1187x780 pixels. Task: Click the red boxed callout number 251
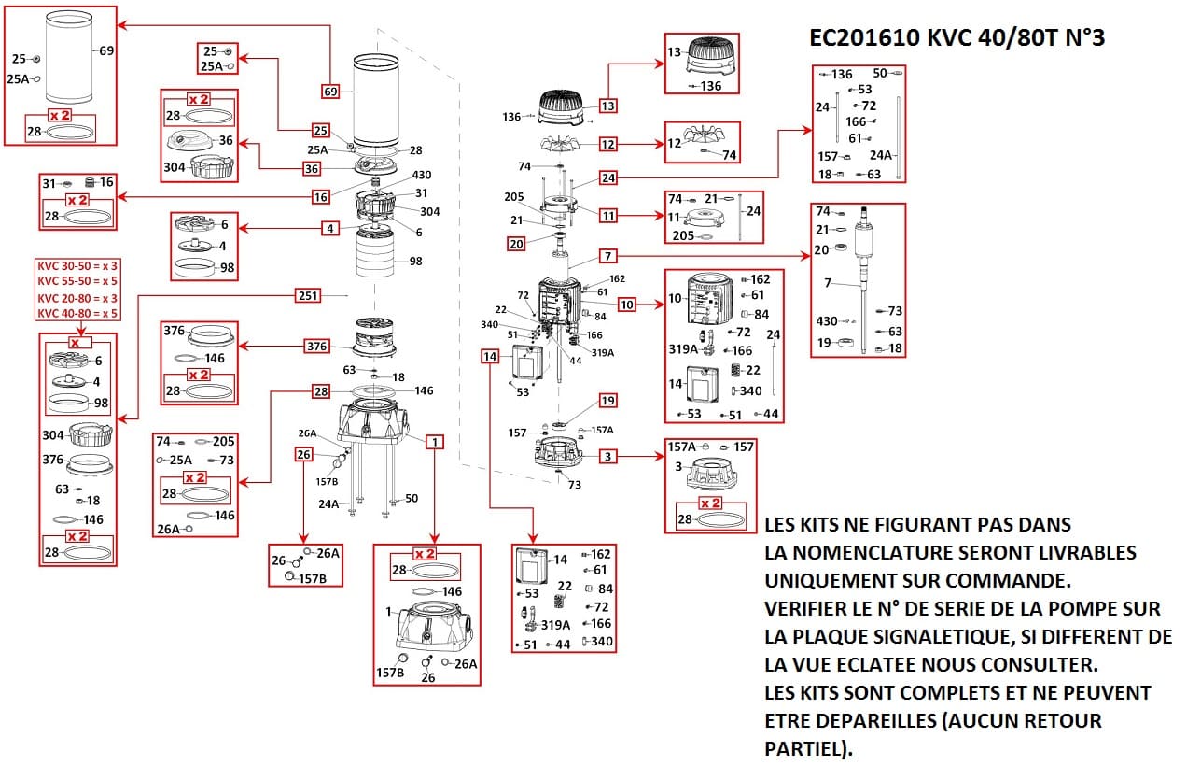pos(308,295)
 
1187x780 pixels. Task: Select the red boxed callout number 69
pos(330,92)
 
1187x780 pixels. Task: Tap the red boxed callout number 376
pos(316,346)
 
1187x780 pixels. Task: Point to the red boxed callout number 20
pos(516,244)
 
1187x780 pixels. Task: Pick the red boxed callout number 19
pos(607,401)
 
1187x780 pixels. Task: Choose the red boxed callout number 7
pos(607,256)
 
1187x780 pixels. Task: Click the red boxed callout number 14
pos(490,357)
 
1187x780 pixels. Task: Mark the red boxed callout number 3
pos(607,457)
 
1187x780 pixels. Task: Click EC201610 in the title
pos(865,37)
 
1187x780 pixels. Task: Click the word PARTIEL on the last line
pos(804,748)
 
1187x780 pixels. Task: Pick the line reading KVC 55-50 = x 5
pos(77,280)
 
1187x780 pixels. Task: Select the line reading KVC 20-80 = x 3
pos(77,298)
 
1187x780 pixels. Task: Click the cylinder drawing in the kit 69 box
pos(69,57)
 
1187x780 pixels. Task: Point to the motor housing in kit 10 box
pos(710,298)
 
